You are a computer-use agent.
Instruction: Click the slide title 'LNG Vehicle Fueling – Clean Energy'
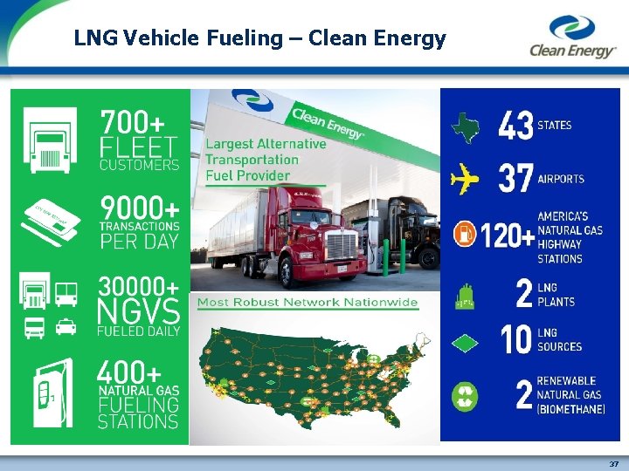click(x=259, y=38)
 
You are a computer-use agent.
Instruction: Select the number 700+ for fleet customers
click(x=138, y=122)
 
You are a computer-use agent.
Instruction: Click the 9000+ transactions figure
click(x=140, y=208)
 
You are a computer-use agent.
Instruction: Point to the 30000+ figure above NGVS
click(x=140, y=286)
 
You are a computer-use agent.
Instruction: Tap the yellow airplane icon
click(x=466, y=180)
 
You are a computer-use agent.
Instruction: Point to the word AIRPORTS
click(x=562, y=180)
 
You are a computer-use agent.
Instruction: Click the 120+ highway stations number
click(x=507, y=235)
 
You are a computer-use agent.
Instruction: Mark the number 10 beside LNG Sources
click(x=515, y=340)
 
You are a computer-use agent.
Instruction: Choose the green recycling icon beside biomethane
click(x=465, y=397)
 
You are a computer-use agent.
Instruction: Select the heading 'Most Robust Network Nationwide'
click(x=308, y=304)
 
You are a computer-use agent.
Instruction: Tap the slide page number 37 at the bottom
click(x=613, y=464)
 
